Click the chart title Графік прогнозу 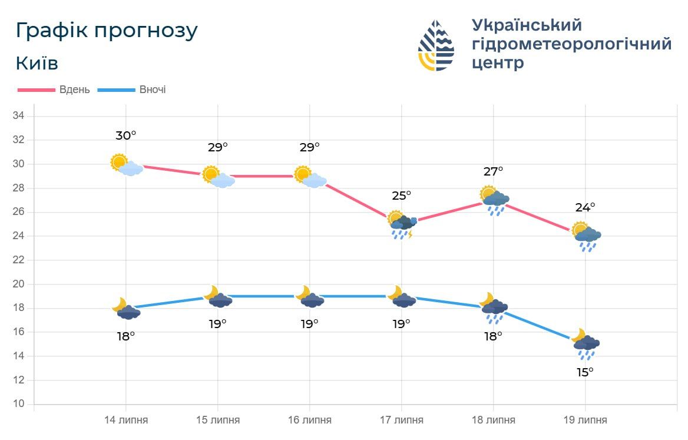tap(107, 31)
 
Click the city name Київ tap(37, 63)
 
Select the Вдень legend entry tap(54, 90)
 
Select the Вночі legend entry tap(132, 90)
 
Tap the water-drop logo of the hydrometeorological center tap(436, 45)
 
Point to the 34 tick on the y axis tap(18, 116)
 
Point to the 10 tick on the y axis tap(18, 404)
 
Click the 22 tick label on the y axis tap(18, 260)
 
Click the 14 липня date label tap(126, 420)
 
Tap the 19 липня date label tap(585, 420)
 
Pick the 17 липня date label tap(402, 420)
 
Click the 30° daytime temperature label tap(125, 135)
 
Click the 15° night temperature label tap(585, 372)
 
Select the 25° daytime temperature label tap(401, 195)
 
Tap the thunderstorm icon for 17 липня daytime tap(402, 224)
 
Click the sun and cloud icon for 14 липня tap(126, 165)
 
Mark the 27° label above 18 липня tap(493, 171)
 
